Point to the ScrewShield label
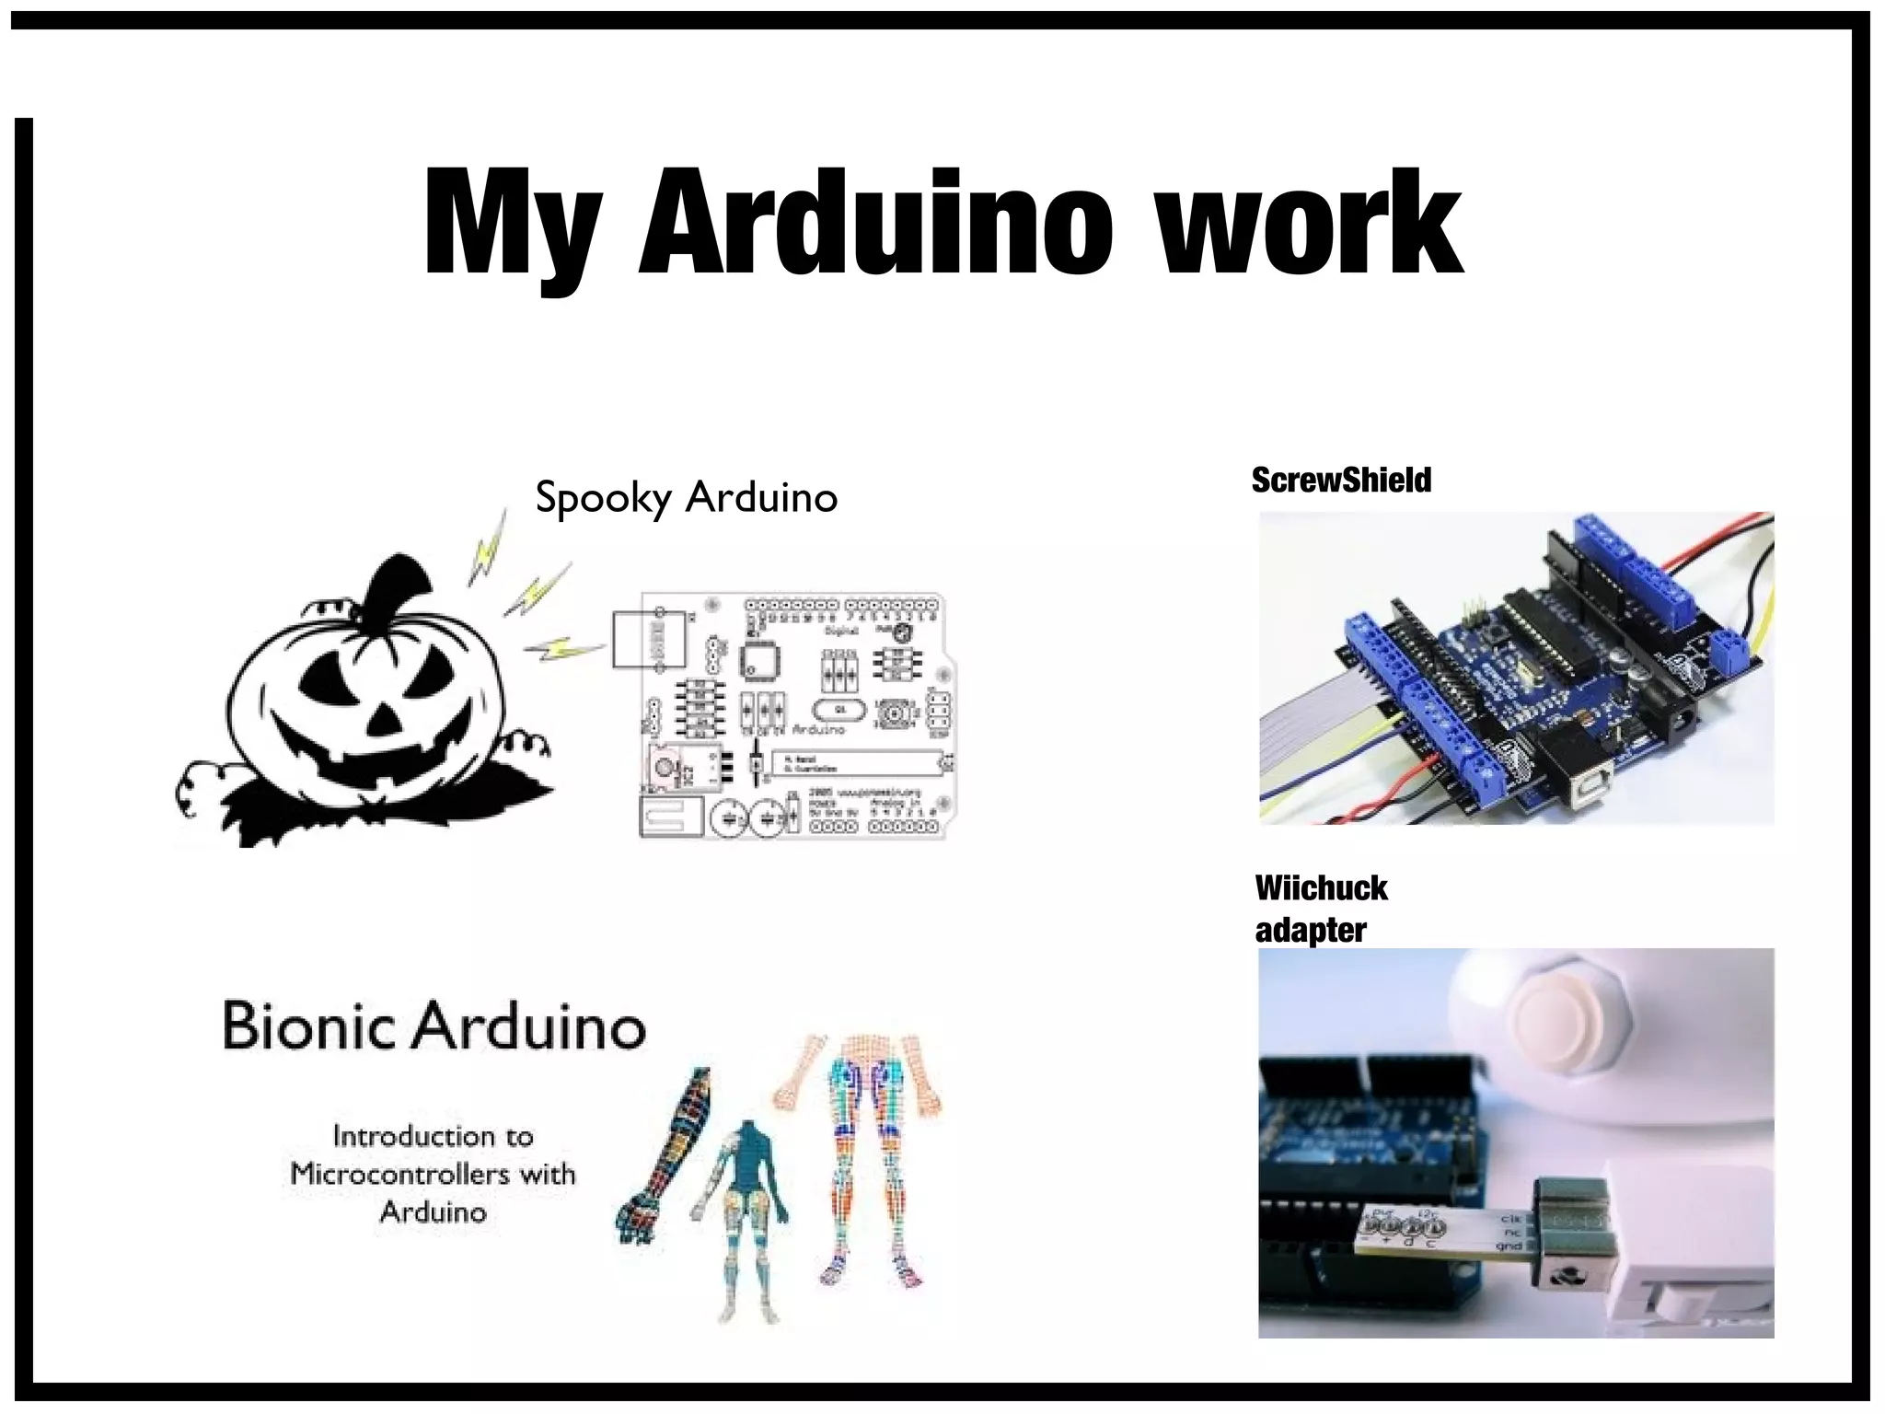1341,480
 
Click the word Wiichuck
1321,888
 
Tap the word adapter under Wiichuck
1310,930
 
